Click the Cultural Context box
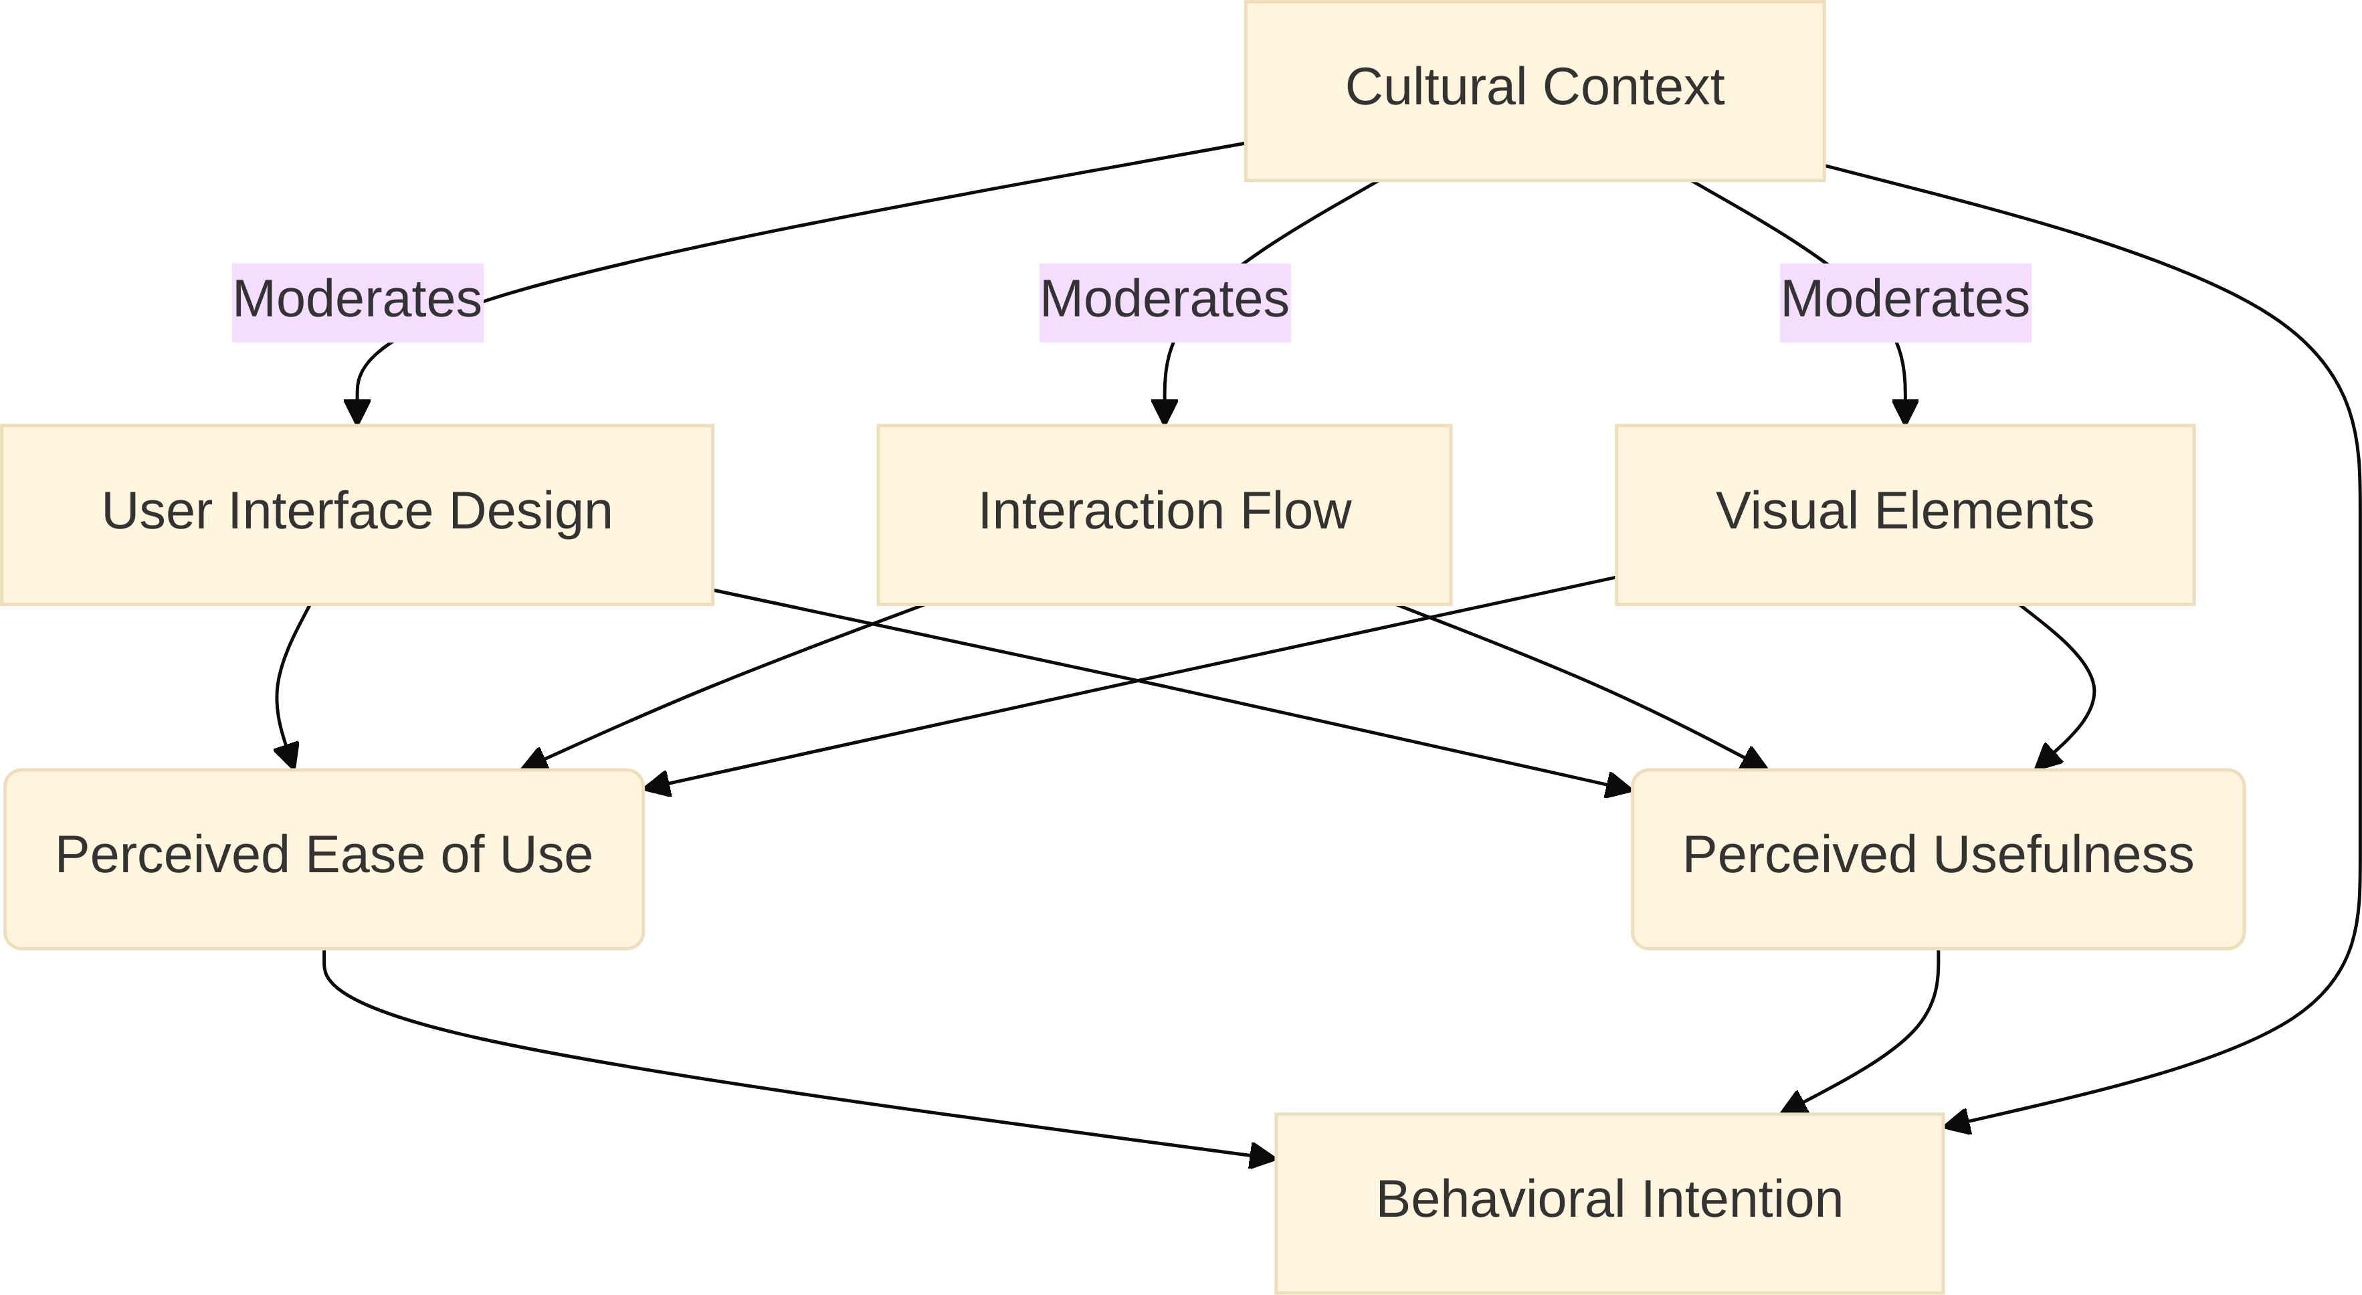(1534, 90)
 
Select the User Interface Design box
(357, 514)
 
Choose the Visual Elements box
(1904, 514)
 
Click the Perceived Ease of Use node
(324, 858)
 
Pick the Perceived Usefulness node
(1937, 858)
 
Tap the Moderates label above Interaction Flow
(1165, 302)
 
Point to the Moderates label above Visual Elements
(1905, 302)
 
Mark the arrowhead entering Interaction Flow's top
(1165, 412)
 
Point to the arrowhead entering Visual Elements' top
(1905, 412)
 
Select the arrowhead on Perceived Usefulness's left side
(1617, 786)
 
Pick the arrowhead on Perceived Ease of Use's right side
(658, 785)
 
